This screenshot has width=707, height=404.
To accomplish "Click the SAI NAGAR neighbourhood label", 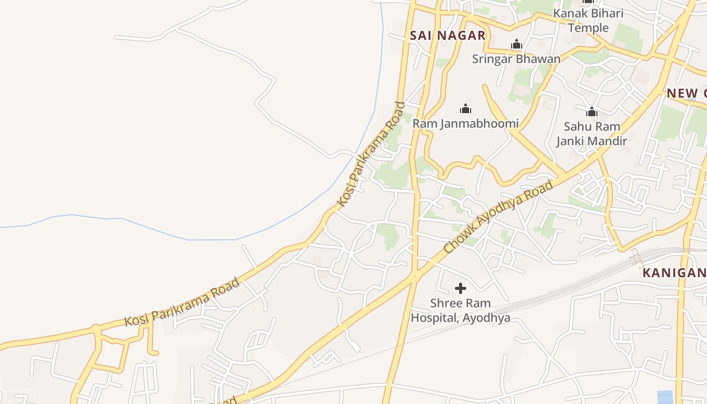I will coord(447,35).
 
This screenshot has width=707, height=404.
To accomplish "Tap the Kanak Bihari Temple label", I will coord(588,20).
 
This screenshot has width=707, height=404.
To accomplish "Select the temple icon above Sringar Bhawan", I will coord(516,44).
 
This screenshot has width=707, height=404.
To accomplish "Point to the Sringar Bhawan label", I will coord(516,59).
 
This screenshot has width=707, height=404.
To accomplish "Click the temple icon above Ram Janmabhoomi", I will coord(465,109).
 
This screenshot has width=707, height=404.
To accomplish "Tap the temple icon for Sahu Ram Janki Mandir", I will coord(591,112).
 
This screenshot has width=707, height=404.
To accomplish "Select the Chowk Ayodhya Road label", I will coord(498,217).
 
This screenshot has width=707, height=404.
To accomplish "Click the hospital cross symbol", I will coord(460,288).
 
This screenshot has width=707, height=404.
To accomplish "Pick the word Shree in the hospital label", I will coord(445,304).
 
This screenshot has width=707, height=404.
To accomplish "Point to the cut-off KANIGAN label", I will coord(674,273).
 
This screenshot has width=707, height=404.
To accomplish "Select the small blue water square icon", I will coord(665,397).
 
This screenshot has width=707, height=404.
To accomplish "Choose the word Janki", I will coord(572,141).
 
